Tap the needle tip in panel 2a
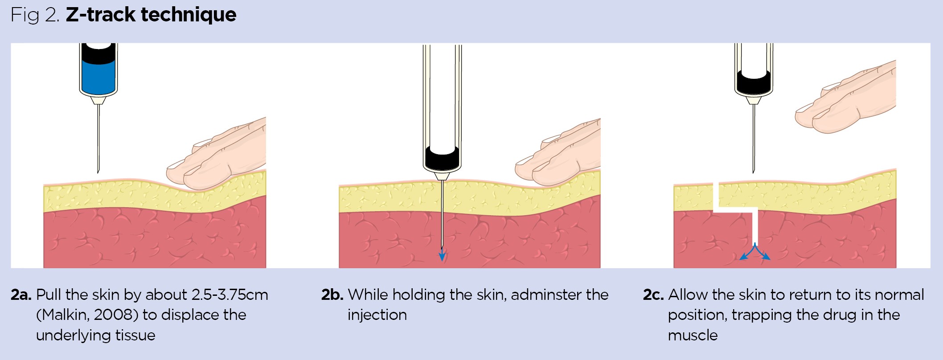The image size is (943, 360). (x=98, y=172)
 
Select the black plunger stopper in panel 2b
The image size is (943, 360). (x=442, y=157)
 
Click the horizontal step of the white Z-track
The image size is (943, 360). (x=735, y=209)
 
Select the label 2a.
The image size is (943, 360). (x=21, y=295)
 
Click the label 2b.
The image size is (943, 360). (x=332, y=295)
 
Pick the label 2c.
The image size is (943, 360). (x=653, y=295)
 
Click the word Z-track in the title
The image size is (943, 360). (x=101, y=15)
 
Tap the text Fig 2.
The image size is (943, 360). (x=35, y=15)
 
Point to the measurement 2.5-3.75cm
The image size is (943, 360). (x=230, y=295)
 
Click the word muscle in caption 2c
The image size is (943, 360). (x=693, y=335)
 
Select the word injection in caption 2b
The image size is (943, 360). (x=377, y=315)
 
